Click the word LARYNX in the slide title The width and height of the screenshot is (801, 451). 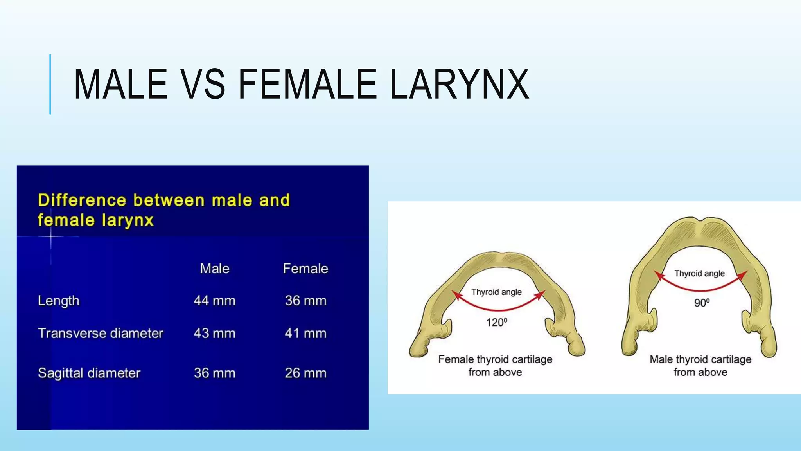click(460, 84)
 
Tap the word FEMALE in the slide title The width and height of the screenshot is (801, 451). click(307, 84)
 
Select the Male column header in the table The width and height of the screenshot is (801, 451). click(215, 269)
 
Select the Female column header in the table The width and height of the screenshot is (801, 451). click(305, 269)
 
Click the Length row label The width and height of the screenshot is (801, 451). click(59, 301)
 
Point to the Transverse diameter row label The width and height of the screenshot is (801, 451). click(101, 333)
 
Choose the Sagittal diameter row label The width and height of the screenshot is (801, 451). click(89, 373)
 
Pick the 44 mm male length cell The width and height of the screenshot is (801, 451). click(215, 301)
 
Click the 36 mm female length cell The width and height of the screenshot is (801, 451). click(305, 301)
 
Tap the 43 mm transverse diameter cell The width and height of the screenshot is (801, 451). click(215, 333)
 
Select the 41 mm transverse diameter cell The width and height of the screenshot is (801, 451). click(305, 333)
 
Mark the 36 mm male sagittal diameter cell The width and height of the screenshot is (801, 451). click(215, 373)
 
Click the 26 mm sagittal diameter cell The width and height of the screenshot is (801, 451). click(305, 373)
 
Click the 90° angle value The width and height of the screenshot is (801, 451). click(702, 303)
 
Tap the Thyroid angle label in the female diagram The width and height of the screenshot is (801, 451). click(496, 292)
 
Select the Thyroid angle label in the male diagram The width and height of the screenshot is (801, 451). click(699, 273)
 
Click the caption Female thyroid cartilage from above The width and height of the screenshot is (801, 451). click(495, 366)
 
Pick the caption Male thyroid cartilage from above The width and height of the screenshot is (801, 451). click(700, 366)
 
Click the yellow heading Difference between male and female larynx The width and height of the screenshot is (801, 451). click(163, 210)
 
